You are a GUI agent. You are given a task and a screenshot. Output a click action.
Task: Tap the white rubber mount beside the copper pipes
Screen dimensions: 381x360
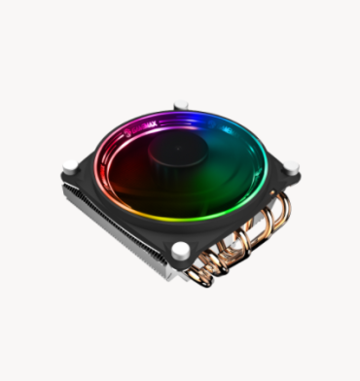pos(181,251)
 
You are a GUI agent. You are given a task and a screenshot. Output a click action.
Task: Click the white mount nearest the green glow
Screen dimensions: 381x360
pos(290,167)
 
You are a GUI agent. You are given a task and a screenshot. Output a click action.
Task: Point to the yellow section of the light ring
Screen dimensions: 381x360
pos(199,213)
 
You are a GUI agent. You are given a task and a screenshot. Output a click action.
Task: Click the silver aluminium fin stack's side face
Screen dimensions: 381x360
pos(107,228)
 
